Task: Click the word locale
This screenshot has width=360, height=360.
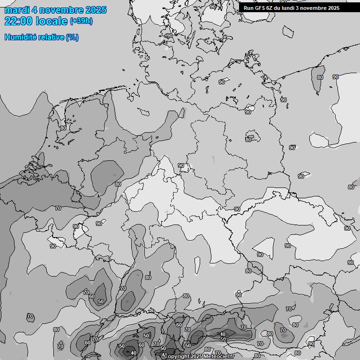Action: point(52,21)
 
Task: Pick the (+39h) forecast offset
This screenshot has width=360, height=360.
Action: point(81,21)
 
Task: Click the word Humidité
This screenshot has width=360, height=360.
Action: point(21,37)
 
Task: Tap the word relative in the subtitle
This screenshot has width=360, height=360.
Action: point(52,37)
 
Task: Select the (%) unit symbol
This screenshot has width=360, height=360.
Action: point(72,37)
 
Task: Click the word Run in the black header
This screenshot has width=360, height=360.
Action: point(248,8)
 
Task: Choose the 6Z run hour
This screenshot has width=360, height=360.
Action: point(270,8)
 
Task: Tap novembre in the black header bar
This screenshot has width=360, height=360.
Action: point(315,8)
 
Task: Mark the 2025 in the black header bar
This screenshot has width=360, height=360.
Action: point(334,8)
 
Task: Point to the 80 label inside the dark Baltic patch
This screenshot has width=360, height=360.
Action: point(320,77)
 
